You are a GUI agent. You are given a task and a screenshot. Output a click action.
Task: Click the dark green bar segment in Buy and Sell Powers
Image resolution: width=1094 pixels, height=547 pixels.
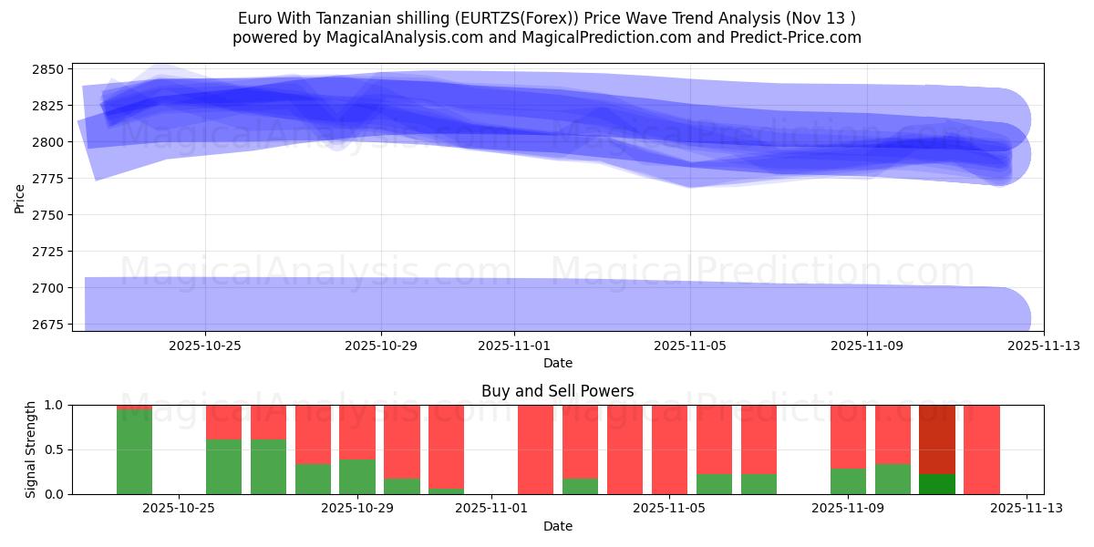pyautogui.click(x=936, y=484)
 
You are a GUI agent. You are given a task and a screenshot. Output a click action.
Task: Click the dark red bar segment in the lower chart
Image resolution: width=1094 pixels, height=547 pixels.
pyautogui.click(x=936, y=439)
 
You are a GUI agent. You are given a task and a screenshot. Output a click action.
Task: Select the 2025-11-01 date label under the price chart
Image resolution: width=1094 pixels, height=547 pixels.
pyautogui.click(x=513, y=346)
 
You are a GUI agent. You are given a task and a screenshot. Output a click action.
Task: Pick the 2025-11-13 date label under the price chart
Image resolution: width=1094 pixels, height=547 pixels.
pyautogui.click(x=1044, y=346)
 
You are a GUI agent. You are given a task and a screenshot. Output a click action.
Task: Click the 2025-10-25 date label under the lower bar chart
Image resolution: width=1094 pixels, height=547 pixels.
pyautogui.click(x=179, y=509)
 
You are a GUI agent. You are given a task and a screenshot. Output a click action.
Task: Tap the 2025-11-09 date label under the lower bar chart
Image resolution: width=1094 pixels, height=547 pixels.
pyautogui.click(x=848, y=509)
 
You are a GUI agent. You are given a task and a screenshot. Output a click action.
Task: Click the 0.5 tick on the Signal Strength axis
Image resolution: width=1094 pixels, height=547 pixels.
pyautogui.click(x=55, y=449)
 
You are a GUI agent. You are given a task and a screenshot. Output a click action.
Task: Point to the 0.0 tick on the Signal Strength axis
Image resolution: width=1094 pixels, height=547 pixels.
pyautogui.click(x=55, y=494)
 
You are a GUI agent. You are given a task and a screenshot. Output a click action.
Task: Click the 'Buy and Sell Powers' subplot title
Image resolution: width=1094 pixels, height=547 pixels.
pyautogui.click(x=557, y=391)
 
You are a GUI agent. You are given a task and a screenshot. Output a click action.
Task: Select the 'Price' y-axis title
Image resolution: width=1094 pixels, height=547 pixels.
pyautogui.click(x=20, y=197)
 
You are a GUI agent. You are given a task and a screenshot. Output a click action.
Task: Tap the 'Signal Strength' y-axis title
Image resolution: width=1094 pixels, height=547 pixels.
pyautogui.click(x=31, y=449)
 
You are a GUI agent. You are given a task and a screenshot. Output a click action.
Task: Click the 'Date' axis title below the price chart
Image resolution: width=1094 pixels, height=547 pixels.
pyautogui.click(x=557, y=363)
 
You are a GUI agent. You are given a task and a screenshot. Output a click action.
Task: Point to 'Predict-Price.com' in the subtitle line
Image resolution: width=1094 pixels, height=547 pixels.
pyautogui.click(x=796, y=37)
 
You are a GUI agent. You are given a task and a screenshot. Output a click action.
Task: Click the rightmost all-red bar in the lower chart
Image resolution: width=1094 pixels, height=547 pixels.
pyautogui.click(x=981, y=449)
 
